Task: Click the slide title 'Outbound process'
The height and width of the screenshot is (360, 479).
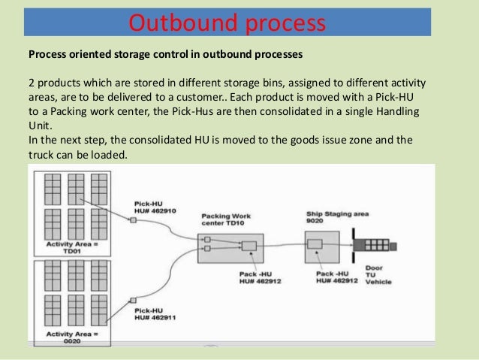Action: click(227, 23)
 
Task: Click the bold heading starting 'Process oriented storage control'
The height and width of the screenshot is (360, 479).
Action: click(165, 54)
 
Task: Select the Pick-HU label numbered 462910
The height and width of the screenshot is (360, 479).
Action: click(154, 207)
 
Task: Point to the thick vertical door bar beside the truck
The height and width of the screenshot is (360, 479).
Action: click(353, 245)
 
